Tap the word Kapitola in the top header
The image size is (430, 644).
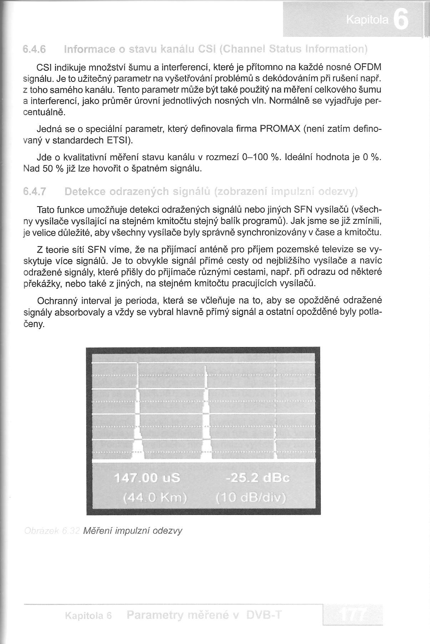(367, 21)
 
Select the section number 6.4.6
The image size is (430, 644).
(34, 49)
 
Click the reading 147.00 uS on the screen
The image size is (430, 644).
(147, 478)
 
